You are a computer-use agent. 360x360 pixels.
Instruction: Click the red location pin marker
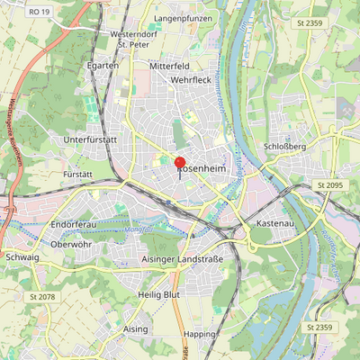pyautogui.click(x=180, y=164)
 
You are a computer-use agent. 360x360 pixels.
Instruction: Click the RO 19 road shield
pyautogui.click(x=38, y=12)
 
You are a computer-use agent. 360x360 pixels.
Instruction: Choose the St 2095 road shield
pyautogui.click(x=330, y=184)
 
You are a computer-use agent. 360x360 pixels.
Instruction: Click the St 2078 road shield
pyautogui.click(x=42, y=296)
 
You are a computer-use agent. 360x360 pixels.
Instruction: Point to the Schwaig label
pyautogui.click(x=22, y=256)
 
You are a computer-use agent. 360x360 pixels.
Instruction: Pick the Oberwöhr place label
pyautogui.click(x=72, y=243)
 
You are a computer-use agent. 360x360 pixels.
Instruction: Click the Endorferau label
pyautogui.click(x=74, y=222)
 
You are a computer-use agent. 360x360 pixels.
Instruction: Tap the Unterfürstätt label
pyautogui.click(x=92, y=140)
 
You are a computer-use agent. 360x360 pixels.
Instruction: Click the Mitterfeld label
pyautogui.click(x=170, y=67)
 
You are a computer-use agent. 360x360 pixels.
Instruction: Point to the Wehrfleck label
pyautogui.click(x=190, y=80)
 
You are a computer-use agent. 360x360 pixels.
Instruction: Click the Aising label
pyautogui.click(x=135, y=329)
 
